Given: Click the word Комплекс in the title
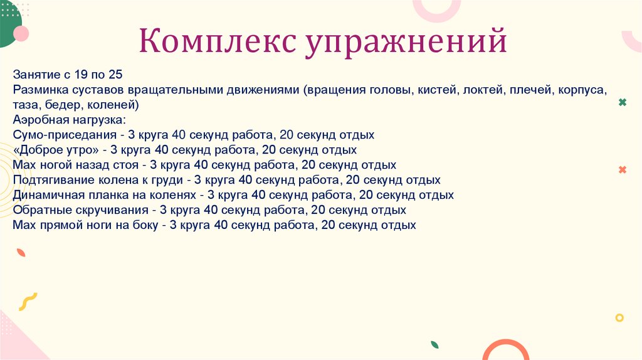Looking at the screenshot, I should [218, 42].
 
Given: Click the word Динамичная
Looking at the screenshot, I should [47, 195].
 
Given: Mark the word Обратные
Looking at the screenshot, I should [39, 210].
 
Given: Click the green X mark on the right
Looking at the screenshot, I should [622, 102].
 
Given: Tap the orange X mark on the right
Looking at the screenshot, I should [622, 170].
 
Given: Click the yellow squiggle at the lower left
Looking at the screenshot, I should [28, 302].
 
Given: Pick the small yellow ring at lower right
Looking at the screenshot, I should [619, 318].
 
